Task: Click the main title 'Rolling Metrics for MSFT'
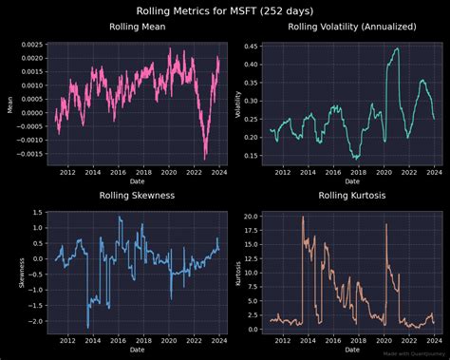(225, 10)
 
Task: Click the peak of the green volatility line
(397, 49)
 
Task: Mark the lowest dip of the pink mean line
(206, 160)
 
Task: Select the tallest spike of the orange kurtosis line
(303, 218)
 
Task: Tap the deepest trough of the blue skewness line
(87, 327)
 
